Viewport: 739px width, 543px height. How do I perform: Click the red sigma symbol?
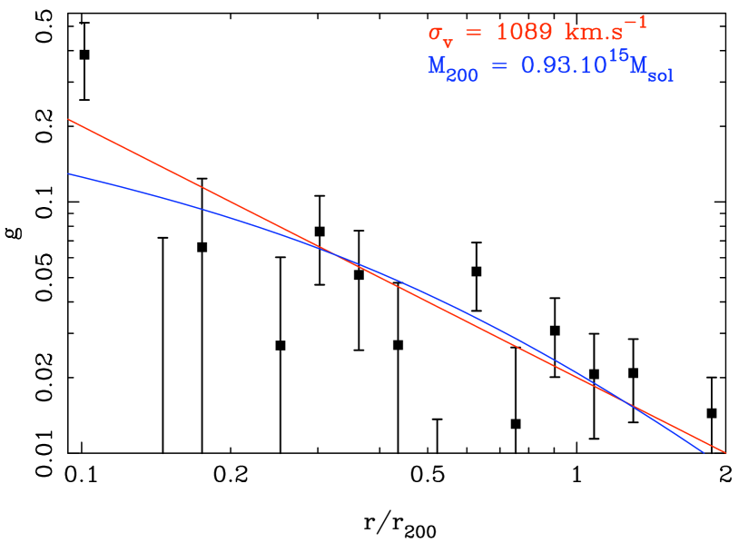[x=435, y=32]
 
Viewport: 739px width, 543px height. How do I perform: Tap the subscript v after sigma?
[x=448, y=39]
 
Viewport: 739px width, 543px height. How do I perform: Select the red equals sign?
[x=472, y=33]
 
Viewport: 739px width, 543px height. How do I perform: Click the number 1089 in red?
[x=524, y=32]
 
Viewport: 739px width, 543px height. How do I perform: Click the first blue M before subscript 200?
[x=437, y=66]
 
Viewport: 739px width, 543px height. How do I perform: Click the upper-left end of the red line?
[x=68, y=119]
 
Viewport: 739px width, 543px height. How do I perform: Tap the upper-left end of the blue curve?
[x=68, y=173]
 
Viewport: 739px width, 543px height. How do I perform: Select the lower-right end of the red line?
[x=724, y=451]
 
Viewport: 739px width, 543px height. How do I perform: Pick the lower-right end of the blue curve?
[x=704, y=451]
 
